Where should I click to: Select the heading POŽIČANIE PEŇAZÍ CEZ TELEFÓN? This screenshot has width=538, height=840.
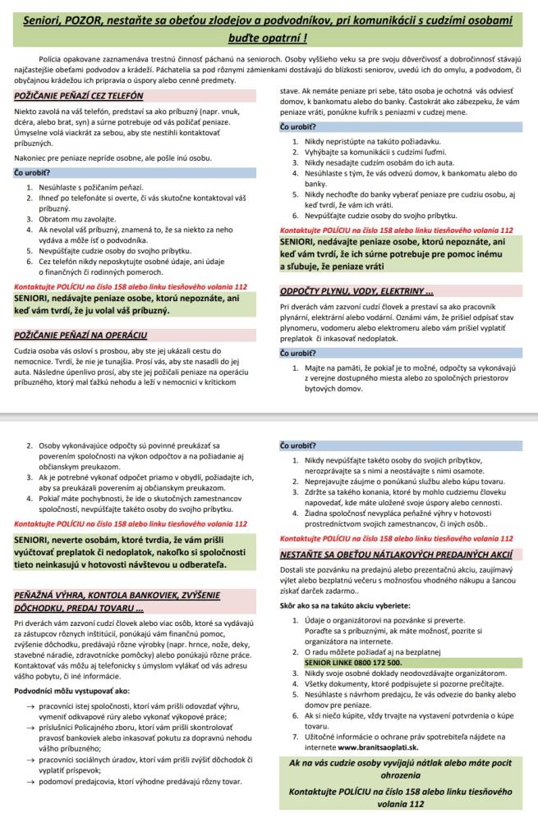pos(79,96)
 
